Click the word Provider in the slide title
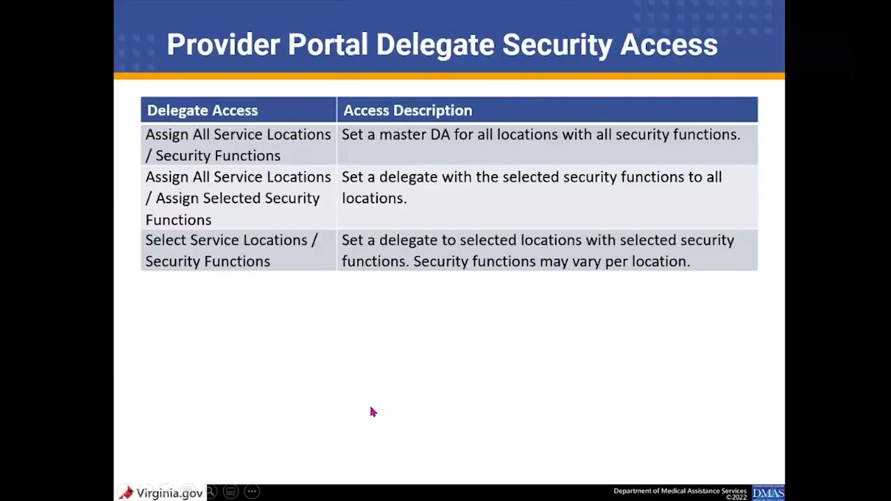(x=223, y=45)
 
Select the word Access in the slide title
(x=669, y=45)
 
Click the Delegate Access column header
(x=203, y=111)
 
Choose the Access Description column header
(x=407, y=111)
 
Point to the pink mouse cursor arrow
(x=372, y=412)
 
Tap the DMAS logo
(x=768, y=493)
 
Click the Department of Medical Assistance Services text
(x=679, y=491)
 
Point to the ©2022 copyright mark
(x=736, y=498)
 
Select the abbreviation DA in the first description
(x=440, y=134)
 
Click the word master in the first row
(x=402, y=134)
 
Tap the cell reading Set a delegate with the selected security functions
(x=546, y=188)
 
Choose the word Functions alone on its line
(x=178, y=220)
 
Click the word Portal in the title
(x=327, y=45)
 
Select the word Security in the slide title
(x=557, y=45)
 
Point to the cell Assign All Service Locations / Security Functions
(x=238, y=145)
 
